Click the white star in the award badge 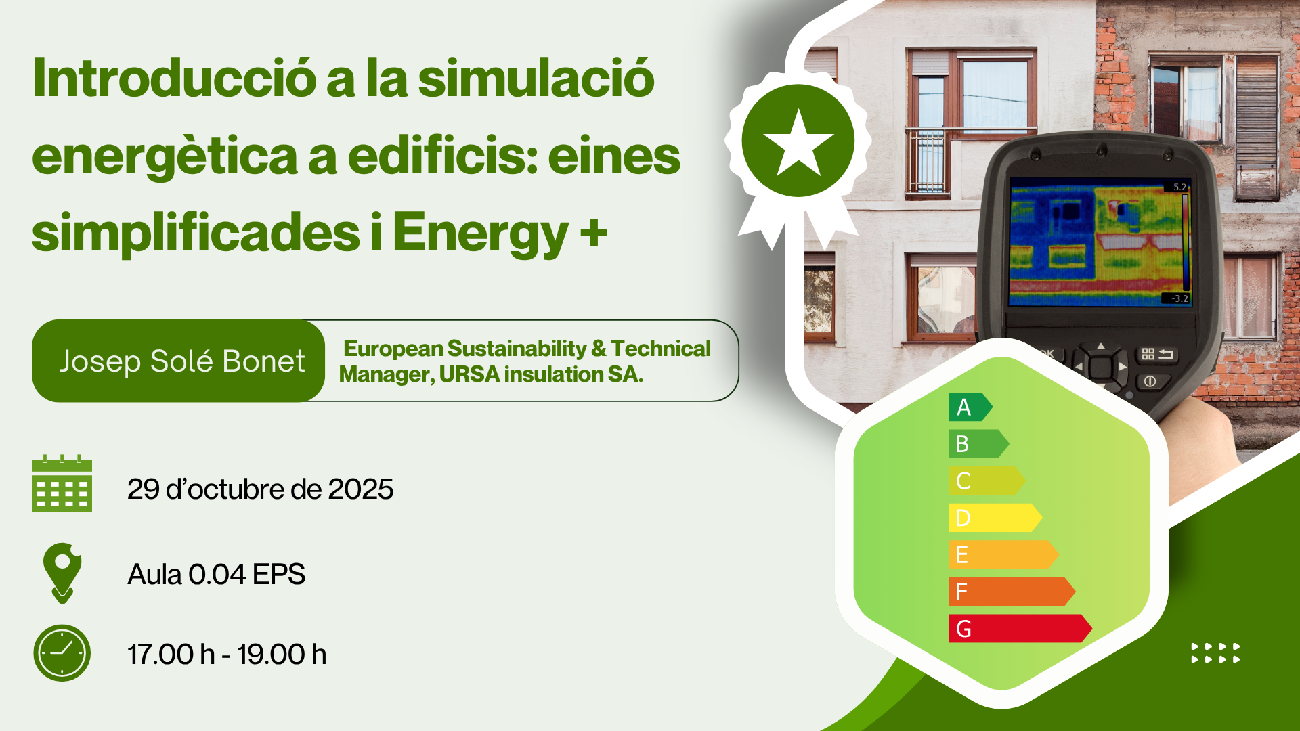[798, 143]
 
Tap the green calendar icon [62, 483]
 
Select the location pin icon [62, 573]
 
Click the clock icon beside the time [62, 653]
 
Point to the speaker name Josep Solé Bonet [182, 361]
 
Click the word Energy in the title [480, 234]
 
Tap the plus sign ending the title [593, 232]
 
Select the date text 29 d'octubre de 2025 [260, 489]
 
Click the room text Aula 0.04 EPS [216, 574]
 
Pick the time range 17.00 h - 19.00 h [227, 655]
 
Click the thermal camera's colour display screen [1100, 242]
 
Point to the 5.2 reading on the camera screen [1179, 187]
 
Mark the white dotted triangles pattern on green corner [1215, 653]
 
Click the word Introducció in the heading [174, 78]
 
